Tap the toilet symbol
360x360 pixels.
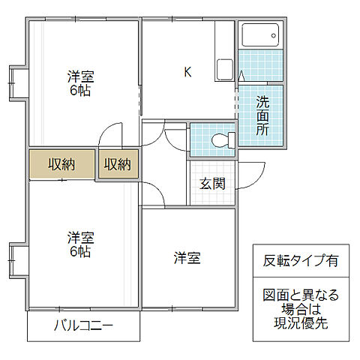coord(221,139)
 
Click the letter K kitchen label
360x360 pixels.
coord(188,73)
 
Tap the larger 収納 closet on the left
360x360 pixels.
coord(61,164)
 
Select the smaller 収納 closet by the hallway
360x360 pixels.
coord(118,164)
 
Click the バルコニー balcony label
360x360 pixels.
coord(83,326)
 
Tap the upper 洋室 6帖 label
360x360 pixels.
coord(79,82)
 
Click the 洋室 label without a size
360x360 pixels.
coord(187,258)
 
